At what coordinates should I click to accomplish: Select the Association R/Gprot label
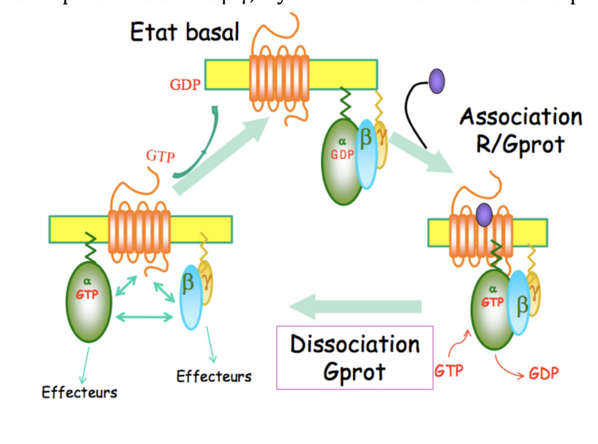click(520, 130)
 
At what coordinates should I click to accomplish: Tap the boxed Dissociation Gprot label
click(355, 357)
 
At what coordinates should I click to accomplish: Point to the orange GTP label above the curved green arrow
click(160, 157)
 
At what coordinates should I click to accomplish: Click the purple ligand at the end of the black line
click(437, 81)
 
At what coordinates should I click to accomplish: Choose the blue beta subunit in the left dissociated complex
click(190, 297)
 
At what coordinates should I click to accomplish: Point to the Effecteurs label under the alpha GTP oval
click(80, 393)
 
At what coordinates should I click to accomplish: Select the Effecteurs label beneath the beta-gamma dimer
click(214, 376)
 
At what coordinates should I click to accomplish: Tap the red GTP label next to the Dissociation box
click(448, 370)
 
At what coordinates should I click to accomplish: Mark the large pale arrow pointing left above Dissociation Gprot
click(355, 307)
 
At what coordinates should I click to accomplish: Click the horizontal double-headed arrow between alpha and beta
click(144, 317)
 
